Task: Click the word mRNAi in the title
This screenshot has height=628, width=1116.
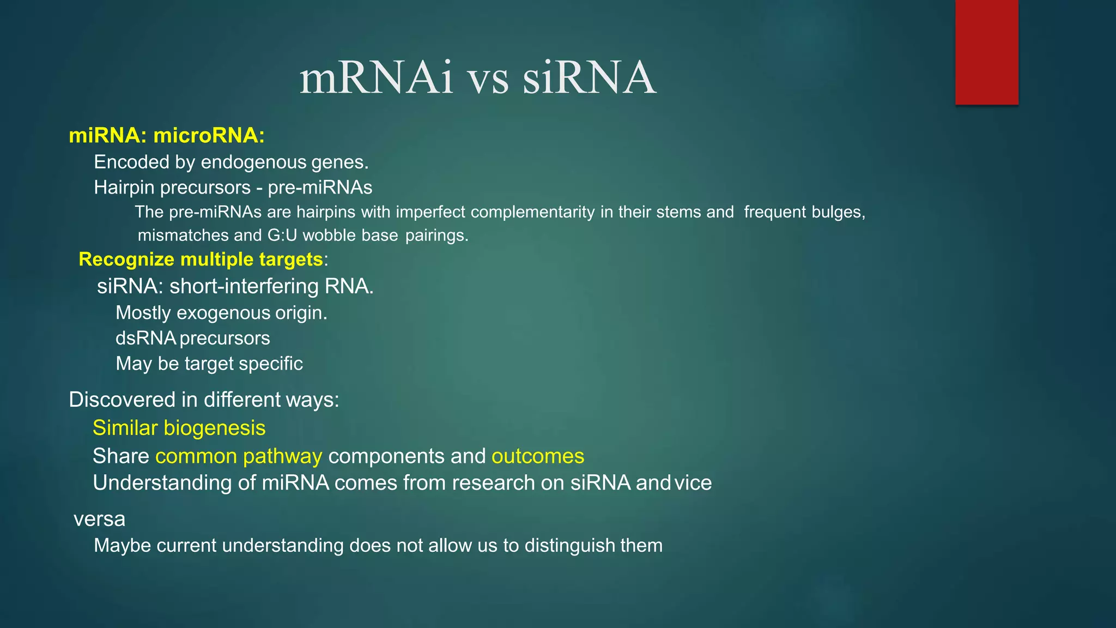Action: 377,78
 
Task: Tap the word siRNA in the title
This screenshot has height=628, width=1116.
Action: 589,78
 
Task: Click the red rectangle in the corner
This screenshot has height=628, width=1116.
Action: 986,52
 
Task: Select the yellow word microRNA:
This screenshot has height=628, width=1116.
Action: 209,135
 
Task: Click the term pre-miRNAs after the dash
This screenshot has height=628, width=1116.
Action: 320,188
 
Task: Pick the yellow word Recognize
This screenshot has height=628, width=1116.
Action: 126,259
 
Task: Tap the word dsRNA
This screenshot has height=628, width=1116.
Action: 145,339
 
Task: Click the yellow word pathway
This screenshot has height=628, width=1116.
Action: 282,456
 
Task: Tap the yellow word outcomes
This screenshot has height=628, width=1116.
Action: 538,456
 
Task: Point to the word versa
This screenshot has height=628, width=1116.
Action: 99,520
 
